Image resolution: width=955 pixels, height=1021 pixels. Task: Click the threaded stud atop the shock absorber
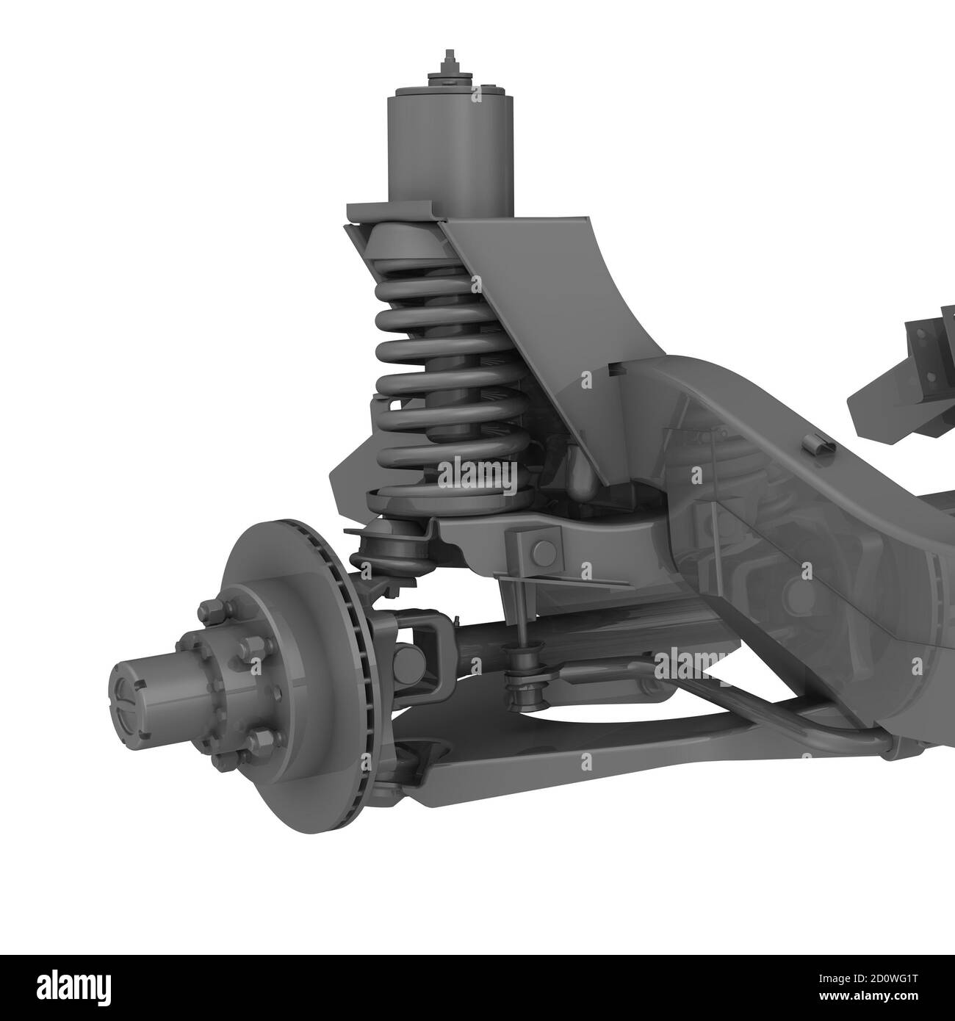tap(446, 62)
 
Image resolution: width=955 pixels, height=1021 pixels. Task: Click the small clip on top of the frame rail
tap(812, 444)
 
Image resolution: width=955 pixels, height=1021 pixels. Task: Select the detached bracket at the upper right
tap(907, 375)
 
